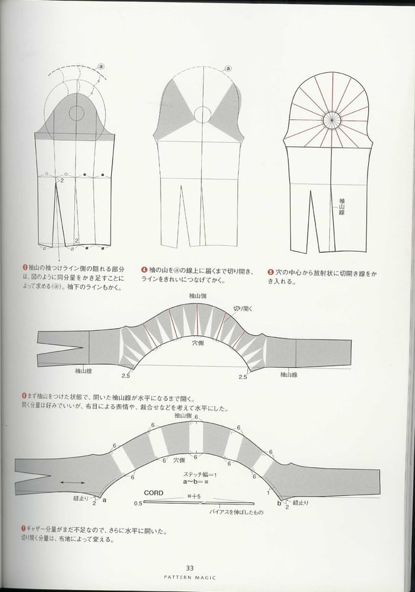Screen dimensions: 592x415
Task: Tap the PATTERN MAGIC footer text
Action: coord(190,577)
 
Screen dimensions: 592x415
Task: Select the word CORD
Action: coord(154,493)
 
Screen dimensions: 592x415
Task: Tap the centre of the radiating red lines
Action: coord(332,120)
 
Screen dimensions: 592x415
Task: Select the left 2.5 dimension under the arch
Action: coord(126,376)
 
